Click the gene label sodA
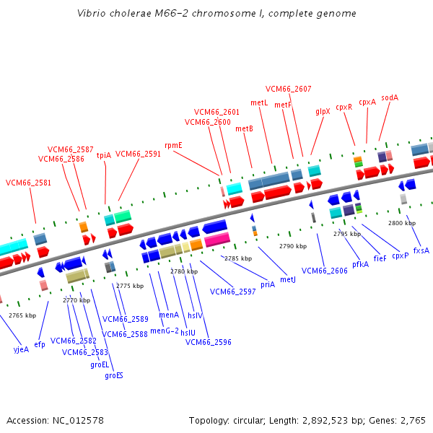pyautogui.click(x=390, y=97)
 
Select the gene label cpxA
pyautogui.click(x=367, y=102)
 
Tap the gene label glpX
pyautogui.click(x=323, y=111)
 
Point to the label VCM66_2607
pyautogui.click(x=289, y=89)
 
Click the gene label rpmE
pyautogui.click(x=173, y=145)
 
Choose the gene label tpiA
pyautogui.click(x=104, y=154)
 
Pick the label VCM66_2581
pyautogui.click(x=29, y=183)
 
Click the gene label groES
pyautogui.click(x=114, y=375)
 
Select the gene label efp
pyautogui.click(x=40, y=344)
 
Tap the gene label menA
pyautogui.click(x=169, y=315)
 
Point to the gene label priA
pyautogui.click(x=268, y=284)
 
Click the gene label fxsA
pyautogui.click(x=421, y=250)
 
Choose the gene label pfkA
pyautogui.click(x=361, y=264)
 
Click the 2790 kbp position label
pyautogui.click(x=293, y=246)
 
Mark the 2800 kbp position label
pyautogui.click(x=402, y=223)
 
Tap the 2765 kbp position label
pyautogui.click(x=22, y=315)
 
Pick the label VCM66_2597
pyautogui.click(x=232, y=292)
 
